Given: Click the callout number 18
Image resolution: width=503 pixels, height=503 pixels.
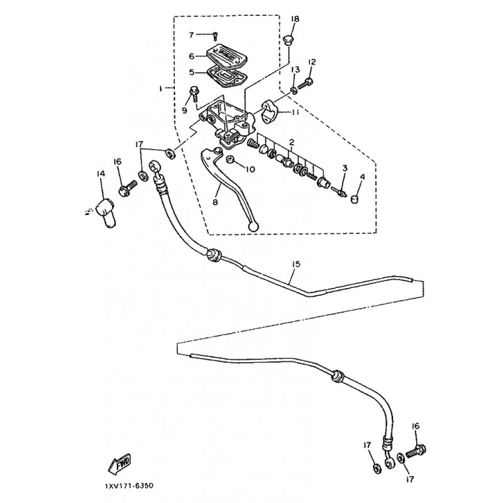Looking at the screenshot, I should pyautogui.click(x=295, y=19).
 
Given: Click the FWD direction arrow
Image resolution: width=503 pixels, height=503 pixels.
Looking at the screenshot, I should pyautogui.click(x=119, y=464).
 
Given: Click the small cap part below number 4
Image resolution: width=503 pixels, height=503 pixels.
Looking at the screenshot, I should pyautogui.click(x=355, y=199).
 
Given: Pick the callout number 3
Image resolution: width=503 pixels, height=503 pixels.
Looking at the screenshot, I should pyautogui.click(x=344, y=168).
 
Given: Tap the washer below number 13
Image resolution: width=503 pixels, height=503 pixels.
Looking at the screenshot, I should pyautogui.click(x=294, y=92).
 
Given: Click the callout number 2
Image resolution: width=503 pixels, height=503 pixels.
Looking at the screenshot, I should pyautogui.click(x=292, y=144).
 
